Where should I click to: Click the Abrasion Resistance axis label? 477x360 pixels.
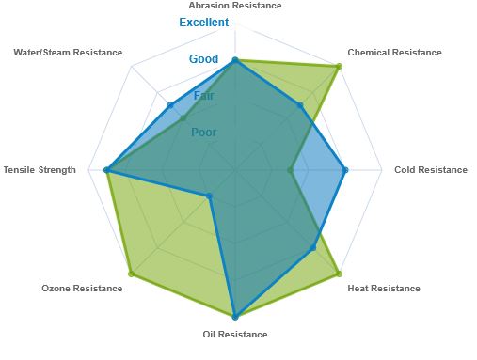(x=235, y=6)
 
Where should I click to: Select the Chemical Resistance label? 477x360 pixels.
(x=394, y=53)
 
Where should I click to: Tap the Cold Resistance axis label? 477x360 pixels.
(x=431, y=170)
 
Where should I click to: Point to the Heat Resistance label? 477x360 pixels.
(x=384, y=289)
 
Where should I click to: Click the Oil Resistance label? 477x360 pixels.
(x=235, y=335)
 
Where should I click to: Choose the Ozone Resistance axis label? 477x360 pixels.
(x=82, y=289)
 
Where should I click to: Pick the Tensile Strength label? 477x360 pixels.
(x=40, y=170)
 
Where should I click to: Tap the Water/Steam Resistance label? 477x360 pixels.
(x=68, y=53)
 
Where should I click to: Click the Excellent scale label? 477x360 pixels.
(x=204, y=23)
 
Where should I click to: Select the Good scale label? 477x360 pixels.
(x=203, y=59)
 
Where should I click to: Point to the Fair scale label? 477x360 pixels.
(x=203, y=96)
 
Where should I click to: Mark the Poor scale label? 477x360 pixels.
(x=204, y=133)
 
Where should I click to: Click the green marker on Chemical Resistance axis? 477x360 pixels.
(x=339, y=67)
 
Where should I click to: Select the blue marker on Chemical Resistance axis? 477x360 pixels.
(x=300, y=105)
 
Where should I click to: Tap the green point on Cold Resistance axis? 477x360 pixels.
(x=290, y=170)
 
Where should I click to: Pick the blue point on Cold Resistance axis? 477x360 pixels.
(x=345, y=170)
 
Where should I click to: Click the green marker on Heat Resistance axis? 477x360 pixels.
(x=339, y=274)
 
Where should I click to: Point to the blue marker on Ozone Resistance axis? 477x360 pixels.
(x=210, y=196)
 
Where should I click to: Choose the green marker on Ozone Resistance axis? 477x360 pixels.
(x=132, y=274)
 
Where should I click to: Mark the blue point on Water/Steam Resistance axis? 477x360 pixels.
(x=170, y=105)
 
